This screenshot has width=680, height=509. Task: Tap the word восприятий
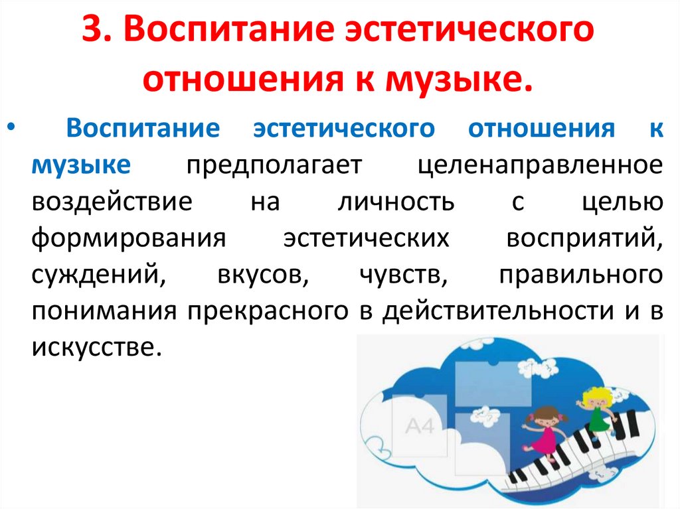(583, 238)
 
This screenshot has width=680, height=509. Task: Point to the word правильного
(580, 275)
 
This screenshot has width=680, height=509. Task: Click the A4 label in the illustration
(419, 425)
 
